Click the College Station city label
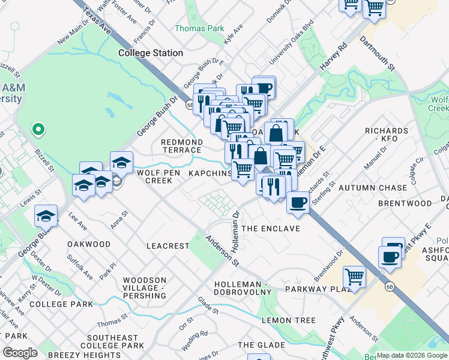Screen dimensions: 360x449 click(151, 53)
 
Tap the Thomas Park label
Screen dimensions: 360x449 click(199, 28)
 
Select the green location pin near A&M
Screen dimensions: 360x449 click(38, 128)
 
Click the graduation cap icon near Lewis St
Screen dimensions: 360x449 click(46, 215)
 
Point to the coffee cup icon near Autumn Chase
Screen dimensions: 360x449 click(298, 203)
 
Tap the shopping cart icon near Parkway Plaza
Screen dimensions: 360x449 click(355, 278)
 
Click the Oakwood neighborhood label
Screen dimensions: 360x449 click(89, 244)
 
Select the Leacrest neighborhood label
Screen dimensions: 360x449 click(168, 246)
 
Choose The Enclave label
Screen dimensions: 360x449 click(270, 229)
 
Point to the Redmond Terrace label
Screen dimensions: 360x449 click(181, 146)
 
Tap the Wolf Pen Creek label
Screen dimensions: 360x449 click(146, 176)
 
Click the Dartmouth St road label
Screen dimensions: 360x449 click(377, 53)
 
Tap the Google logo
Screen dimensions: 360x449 click(20, 353)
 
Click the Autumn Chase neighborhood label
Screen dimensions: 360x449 click(372, 188)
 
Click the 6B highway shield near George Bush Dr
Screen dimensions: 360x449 click(190, 105)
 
